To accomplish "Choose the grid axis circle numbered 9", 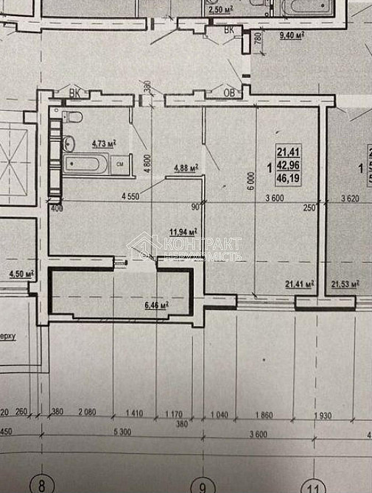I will point(200,486).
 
